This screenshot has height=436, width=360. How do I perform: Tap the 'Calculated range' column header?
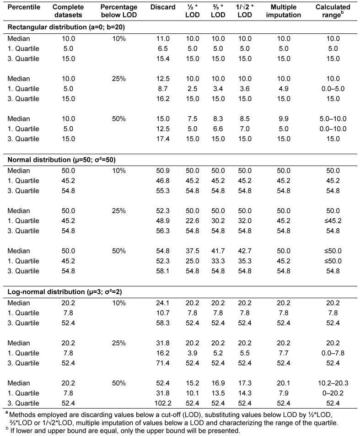tap(333, 11)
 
